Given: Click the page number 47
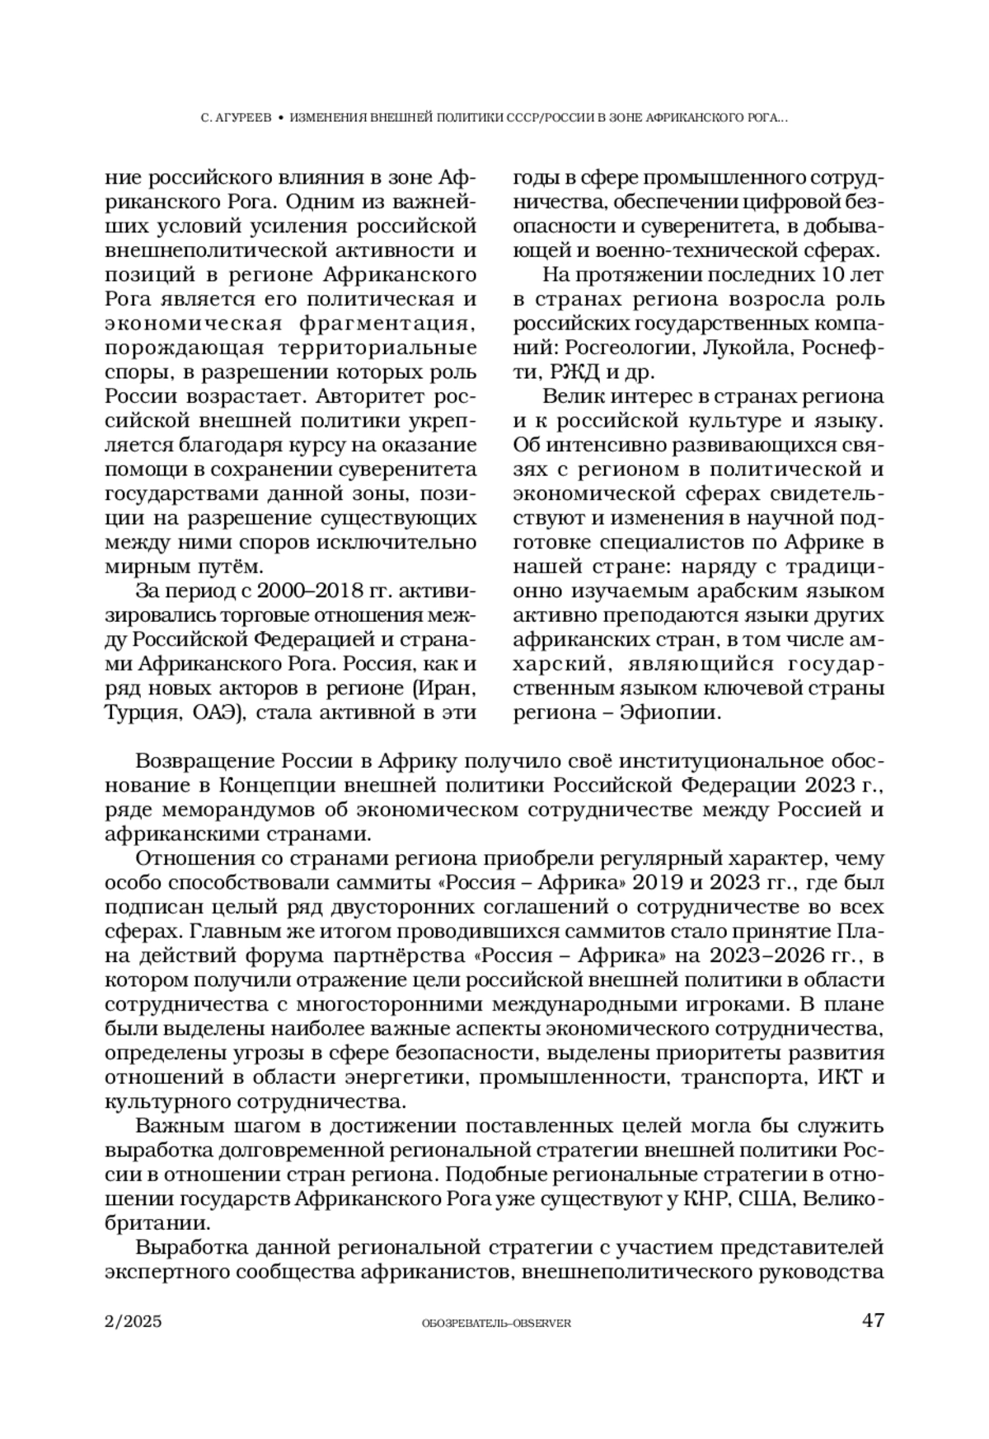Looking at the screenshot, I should coord(872,1320).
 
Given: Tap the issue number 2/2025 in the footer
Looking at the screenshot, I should coord(134,1321).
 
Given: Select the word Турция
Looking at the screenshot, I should coord(138,712).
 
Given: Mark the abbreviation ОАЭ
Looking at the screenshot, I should coord(218,712).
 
